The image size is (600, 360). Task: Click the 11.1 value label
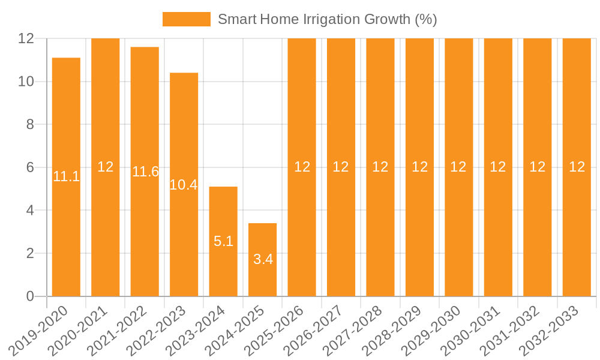click(66, 176)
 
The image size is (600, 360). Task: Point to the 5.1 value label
click(223, 241)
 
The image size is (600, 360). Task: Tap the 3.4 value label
click(263, 259)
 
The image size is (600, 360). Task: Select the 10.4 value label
click(184, 185)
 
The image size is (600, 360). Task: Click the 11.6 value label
click(145, 172)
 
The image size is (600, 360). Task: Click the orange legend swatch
click(186, 19)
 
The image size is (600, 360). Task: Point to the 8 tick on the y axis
click(29, 124)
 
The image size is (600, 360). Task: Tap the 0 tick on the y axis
click(29, 296)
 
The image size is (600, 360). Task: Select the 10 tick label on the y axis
click(26, 82)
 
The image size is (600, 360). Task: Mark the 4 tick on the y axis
click(29, 211)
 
